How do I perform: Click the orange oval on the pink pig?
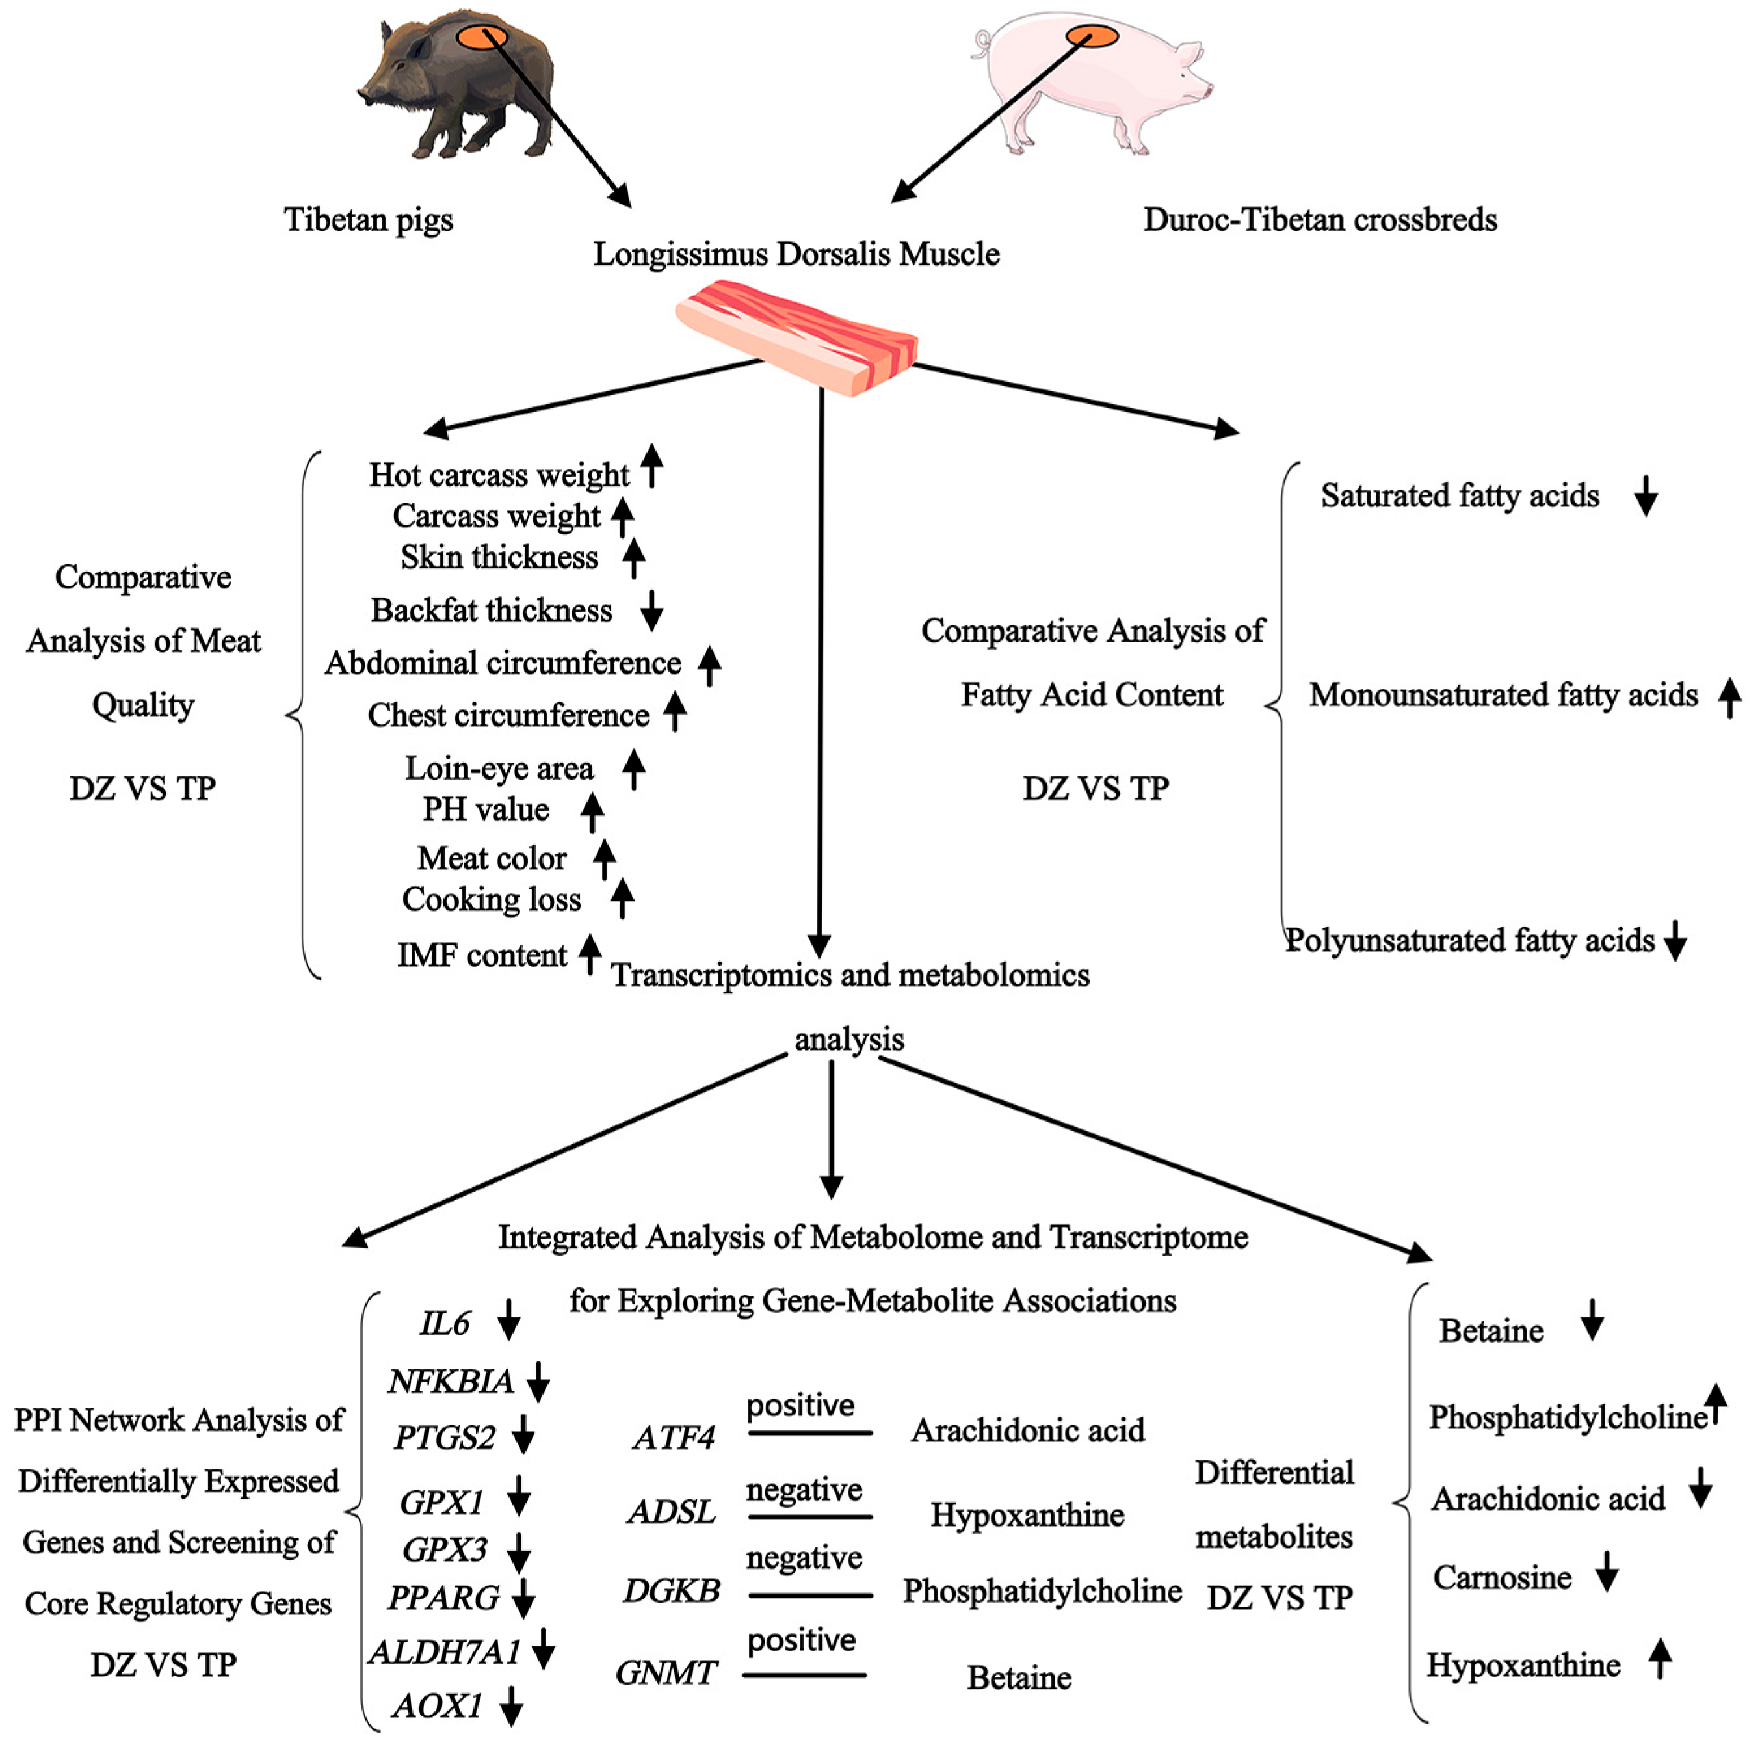1092,36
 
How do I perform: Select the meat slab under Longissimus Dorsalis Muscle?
796,337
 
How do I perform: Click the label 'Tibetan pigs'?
368,220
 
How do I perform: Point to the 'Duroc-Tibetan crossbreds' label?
1320,220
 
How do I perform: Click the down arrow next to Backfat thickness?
651,611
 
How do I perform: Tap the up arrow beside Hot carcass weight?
651,466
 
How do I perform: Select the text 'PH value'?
486,809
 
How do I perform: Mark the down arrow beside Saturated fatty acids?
1645,495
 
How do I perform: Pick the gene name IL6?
445,1322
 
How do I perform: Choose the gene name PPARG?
443,1597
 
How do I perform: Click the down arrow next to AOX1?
512,1706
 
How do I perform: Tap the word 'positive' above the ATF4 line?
801,1406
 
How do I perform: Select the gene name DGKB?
672,1590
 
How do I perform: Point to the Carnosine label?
1502,1577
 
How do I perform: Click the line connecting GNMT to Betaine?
804,1674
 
